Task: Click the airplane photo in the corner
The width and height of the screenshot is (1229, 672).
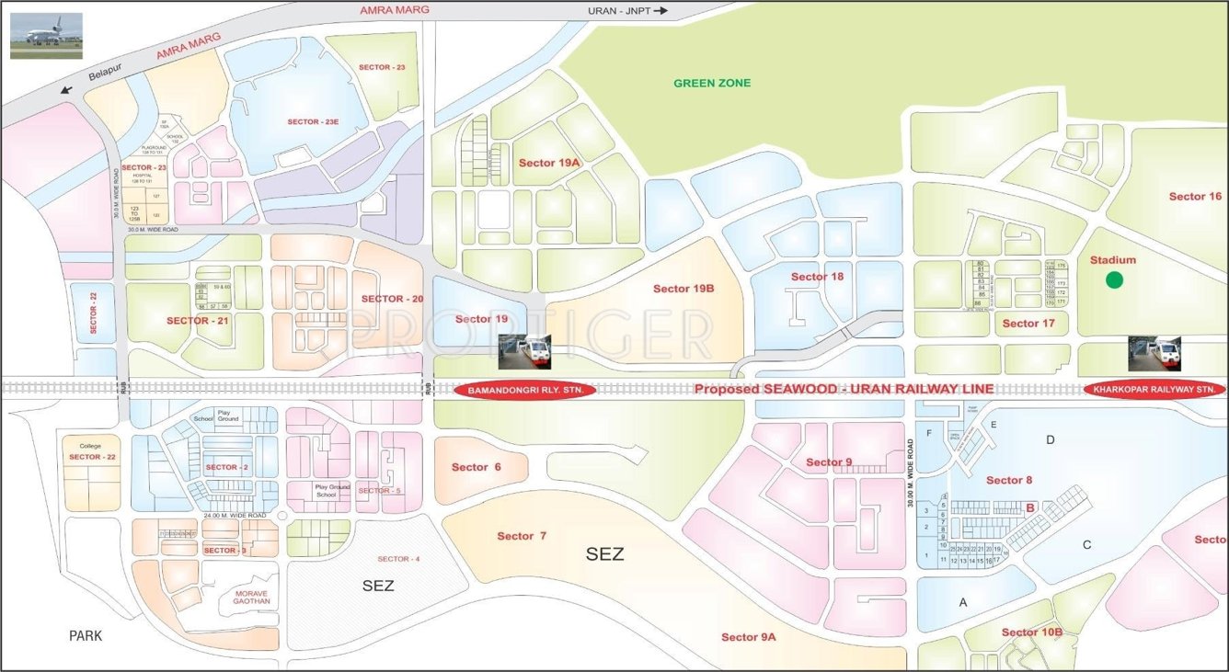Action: tap(46, 36)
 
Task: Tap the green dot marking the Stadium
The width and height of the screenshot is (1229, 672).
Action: tap(1113, 280)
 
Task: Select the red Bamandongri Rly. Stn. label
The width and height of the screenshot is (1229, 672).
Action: tap(525, 390)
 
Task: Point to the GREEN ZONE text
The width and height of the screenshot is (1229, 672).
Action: tap(712, 84)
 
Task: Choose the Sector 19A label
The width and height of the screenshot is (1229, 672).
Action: tap(550, 163)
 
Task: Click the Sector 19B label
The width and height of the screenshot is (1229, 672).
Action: tap(683, 289)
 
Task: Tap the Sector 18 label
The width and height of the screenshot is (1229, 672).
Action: tap(817, 277)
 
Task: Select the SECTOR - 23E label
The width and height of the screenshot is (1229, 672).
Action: tap(313, 122)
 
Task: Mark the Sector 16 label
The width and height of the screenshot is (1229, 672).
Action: tap(1195, 197)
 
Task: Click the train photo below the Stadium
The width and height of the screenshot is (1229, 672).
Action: tap(1154, 352)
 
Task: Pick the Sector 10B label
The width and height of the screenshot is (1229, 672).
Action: tap(1031, 632)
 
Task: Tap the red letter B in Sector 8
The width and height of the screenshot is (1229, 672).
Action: tap(1031, 507)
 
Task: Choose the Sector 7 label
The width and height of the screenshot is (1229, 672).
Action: tap(522, 536)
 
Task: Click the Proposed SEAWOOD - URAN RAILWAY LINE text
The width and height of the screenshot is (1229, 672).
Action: tap(844, 390)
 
